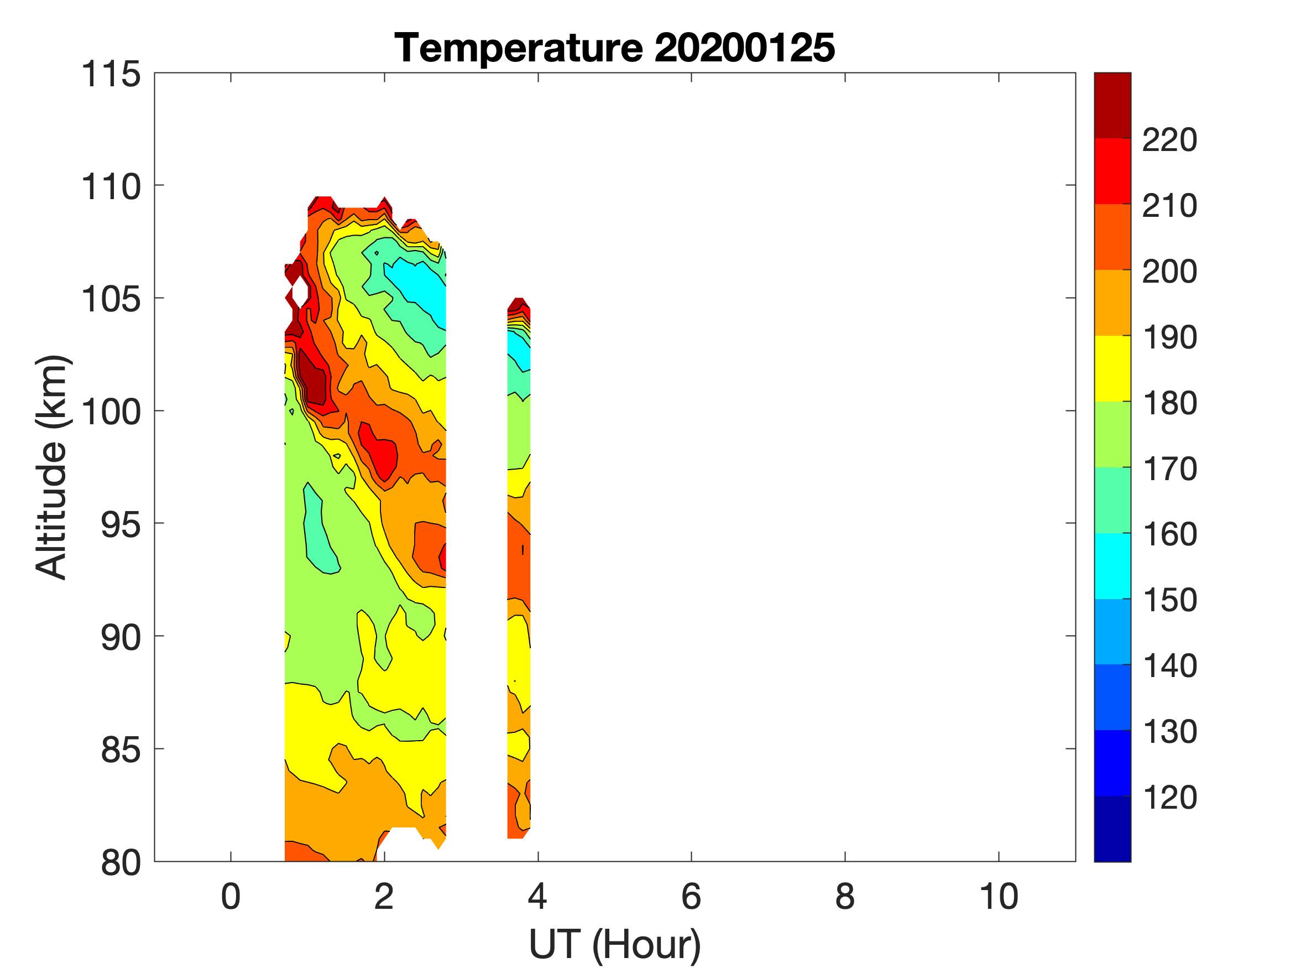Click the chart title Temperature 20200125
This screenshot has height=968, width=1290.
pyautogui.click(x=615, y=47)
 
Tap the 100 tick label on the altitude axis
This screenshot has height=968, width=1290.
pyautogui.click(x=111, y=412)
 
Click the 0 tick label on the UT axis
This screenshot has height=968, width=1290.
pyautogui.click(x=231, y=897)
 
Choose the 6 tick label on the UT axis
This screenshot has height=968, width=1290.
pyautogui.click(x=691, y=897)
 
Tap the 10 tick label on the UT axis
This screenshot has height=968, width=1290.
pyautogui.click(x=999, y=897)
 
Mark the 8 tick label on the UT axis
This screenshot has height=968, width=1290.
pyautogui.click(x=845, y=897)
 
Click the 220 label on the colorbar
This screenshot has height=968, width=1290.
pyautogui.click(x=1169, y=140)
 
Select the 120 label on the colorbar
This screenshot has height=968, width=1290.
pyautogui.click(x=1169, y=797)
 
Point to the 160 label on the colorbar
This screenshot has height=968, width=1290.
pyautogui.click(x=1169, y=534)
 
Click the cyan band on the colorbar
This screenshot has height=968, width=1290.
pyautogui.click(x=1112, y=566)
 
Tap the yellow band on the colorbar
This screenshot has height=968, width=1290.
pyautogui.click(x=1112, y=368)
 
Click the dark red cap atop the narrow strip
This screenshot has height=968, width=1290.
pyautogui.click(x=519, y=305)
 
